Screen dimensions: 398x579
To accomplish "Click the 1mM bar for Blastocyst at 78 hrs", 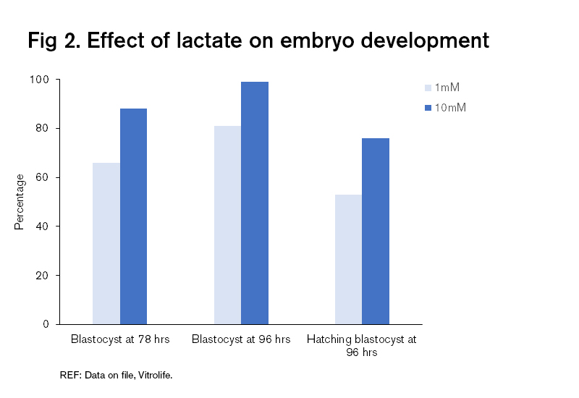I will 106,243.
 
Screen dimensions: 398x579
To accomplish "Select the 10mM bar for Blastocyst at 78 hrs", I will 133,216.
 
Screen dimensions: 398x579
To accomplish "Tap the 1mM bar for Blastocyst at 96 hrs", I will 227,225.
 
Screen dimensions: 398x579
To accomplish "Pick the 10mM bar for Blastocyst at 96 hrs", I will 255,203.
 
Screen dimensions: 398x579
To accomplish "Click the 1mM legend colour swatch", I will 428,88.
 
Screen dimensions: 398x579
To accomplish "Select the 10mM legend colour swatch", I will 428,108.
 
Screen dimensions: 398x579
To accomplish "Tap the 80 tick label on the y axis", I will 45,129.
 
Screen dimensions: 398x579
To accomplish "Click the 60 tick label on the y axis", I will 45,177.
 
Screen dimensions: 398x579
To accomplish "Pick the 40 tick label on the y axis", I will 45,226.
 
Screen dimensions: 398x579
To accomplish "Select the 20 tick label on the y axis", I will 45,276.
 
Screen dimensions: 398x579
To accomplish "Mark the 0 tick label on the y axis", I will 48,324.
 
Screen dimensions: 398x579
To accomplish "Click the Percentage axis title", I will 20,202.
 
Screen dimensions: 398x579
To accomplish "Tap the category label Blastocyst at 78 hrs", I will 120,339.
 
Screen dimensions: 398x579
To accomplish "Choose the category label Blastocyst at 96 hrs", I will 241,339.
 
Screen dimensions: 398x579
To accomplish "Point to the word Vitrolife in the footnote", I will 153,376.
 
